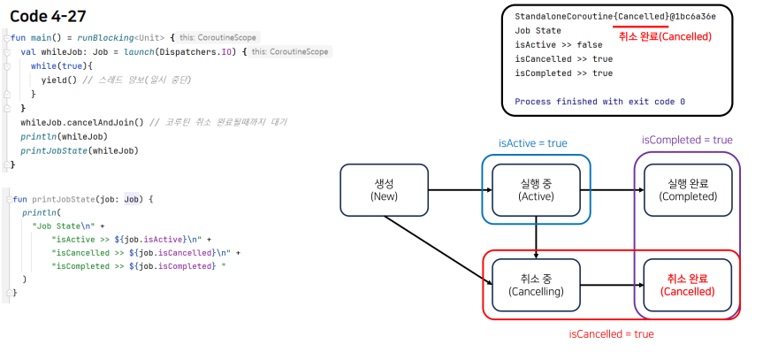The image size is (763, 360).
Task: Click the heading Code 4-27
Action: tap(48, 16)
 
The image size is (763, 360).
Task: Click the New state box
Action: tap(384, 190)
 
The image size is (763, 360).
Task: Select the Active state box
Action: tap(536, 190)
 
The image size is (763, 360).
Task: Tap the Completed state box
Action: tap(688, 190)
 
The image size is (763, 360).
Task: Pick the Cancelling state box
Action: tap(536, 285)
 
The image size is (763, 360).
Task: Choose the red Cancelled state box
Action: tap(688, 285)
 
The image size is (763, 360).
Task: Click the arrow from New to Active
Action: tap(461, 190)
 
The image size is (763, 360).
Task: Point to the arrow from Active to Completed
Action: tap(612, 190)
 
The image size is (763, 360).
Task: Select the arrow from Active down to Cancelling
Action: tap(536, 238)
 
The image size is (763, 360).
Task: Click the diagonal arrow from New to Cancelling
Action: tap(438, 250)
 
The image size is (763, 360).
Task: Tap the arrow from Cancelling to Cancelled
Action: tap(612, 285)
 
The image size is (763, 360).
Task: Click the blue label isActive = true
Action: tap(533, 143)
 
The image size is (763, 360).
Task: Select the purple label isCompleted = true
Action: tap(687, 141)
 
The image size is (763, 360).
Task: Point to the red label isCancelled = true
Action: tap(611, 334)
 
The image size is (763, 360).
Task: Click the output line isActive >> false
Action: tap(559, 45)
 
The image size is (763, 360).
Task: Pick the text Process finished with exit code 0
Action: tap(600, 102)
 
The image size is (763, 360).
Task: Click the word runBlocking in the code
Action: tap(105, 37)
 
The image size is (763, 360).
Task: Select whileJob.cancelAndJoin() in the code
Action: tap(82, 122)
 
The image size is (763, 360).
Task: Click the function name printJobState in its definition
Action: tap(63, 199)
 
